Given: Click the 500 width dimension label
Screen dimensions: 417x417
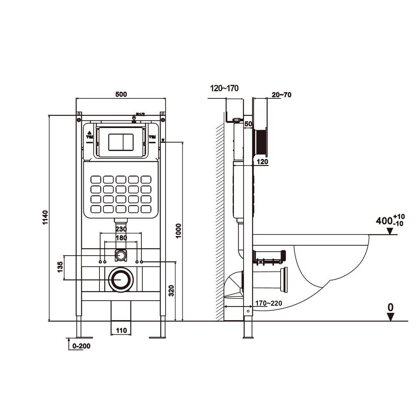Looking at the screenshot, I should (121, 95).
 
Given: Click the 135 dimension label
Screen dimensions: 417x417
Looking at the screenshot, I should (60, 267).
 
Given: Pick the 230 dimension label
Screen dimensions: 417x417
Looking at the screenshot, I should (121, 229).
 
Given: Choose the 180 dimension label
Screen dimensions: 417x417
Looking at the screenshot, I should (121, 238).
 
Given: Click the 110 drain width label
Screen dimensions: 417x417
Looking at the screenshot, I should (121, 331).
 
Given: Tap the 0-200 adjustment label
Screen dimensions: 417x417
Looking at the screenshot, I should (81, 346).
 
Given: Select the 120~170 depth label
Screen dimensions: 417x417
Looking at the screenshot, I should (225, 88).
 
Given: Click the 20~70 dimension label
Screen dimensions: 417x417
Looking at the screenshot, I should (281, 95).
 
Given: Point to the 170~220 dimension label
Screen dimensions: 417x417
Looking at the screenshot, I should (269, 303).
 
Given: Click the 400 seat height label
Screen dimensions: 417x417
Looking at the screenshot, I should (384, 221).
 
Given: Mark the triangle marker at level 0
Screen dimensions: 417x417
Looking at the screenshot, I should (390, 317).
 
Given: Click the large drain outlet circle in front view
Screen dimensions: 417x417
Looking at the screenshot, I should (121, 279).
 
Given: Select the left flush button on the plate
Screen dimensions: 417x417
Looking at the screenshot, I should (115, 142).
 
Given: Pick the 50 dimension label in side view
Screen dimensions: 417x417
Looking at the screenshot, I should (249, 124).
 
